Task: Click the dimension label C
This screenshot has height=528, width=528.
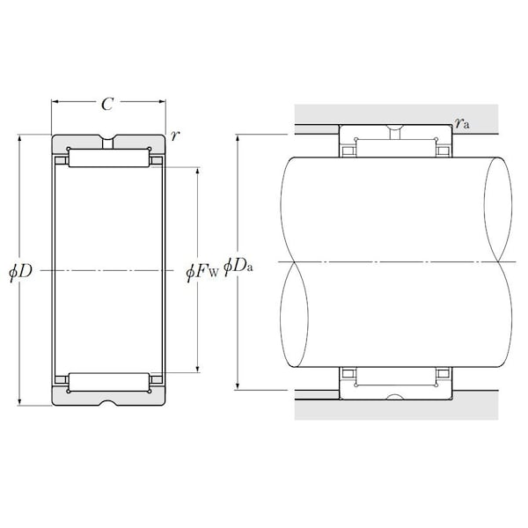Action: click(x=107, y=104)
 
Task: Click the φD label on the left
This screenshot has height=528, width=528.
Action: click(x=20, y=271)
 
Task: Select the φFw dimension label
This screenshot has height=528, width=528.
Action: click(x=202, y=271)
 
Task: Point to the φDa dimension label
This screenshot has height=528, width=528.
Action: click(x=238, y=267)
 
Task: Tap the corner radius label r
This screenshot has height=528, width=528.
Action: click(x=174, y=136)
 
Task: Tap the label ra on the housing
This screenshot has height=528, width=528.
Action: click(x=461, y=123)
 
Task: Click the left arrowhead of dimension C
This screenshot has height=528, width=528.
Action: click(x=55, y=101)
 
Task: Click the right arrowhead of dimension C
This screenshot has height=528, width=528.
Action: click(x=162, y=101)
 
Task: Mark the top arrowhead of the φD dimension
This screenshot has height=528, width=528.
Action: click(x=19, y=138)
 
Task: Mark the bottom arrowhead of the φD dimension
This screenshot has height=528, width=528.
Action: click(x=19, y=401)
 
